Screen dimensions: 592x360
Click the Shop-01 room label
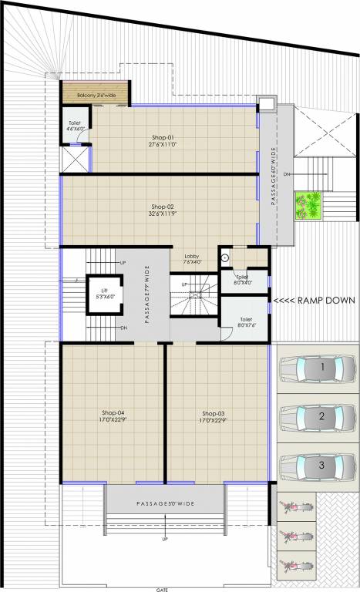(162, 140)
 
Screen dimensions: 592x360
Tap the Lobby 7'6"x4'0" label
(193, 259)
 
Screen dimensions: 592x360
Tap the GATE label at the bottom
(162, 588)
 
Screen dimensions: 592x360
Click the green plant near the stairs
(311, 204)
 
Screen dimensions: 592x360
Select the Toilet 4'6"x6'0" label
(75, 126)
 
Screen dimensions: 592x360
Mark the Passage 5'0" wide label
(164, 503)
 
